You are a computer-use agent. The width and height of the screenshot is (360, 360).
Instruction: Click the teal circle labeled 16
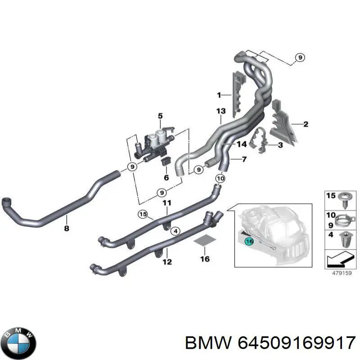click(249, 241)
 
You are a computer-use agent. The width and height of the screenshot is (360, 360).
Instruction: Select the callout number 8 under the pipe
click(66, 229)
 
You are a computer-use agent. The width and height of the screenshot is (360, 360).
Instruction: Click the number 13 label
click(221, 111)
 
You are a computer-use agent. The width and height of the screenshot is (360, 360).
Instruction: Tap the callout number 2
click(306, 124)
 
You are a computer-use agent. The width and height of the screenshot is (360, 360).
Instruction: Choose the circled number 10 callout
click(220, 178)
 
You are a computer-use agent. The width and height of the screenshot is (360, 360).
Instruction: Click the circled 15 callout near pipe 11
click(143, 215)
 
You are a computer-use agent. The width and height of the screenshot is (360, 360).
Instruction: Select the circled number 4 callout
click(175, 231)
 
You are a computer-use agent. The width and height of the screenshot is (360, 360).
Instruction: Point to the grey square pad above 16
click(205, 240)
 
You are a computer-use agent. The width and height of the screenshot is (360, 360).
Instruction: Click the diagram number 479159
click(342, 273)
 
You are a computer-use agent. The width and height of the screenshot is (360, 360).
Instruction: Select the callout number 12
click(167, 262)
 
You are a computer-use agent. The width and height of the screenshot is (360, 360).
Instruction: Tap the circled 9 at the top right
click(300, 58)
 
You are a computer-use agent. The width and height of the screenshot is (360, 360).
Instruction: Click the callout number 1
click(219, 95)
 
